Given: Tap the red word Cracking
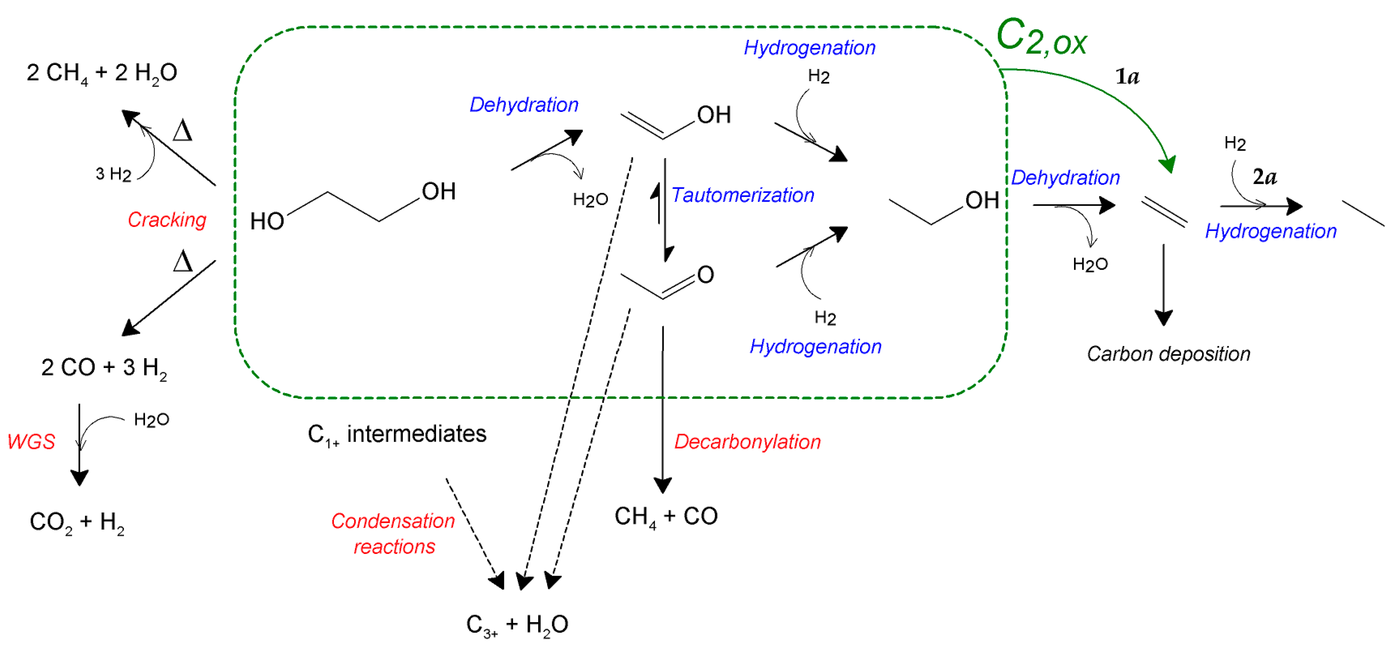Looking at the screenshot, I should [167, 220].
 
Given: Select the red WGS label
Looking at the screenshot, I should [32, 442].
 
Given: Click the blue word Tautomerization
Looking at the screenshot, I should [742, 195].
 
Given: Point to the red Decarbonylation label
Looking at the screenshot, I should [747, 442].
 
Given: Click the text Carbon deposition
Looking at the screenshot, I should [1168, 354].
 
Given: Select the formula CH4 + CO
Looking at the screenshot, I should [665, 516].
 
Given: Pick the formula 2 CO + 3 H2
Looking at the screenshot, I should [104, 368].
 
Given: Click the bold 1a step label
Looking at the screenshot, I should [1127, 77].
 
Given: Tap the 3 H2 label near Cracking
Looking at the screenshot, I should [113, 174].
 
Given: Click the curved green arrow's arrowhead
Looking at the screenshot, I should [1168, 163].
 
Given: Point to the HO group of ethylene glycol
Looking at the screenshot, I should [267, 221].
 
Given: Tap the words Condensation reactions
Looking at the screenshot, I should [394, 533].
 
